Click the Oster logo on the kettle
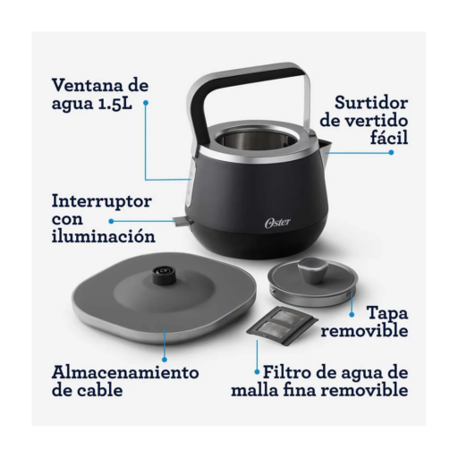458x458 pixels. (277, 223)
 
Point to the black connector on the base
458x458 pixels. (163, 276)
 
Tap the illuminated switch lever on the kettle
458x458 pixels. (182, 221)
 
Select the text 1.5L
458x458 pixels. (114, 103)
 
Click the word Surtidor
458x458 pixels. (371, 103)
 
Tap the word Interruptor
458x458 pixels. (102, 201)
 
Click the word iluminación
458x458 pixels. (104, 236)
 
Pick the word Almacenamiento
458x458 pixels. (125, 372)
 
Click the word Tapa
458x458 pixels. (387, 314)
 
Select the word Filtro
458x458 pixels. (287, 372)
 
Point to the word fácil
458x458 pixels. (389, 137)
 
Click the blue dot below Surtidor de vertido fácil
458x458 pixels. (391, 152)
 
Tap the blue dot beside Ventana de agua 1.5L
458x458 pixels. (146, 103)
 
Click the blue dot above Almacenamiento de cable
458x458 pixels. (165, 360)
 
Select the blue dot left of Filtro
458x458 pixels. (257, 372)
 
